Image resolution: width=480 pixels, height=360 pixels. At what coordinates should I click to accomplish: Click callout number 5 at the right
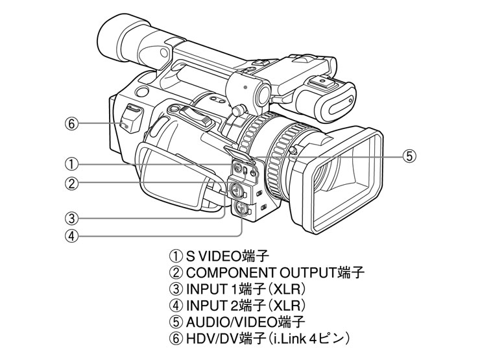coord(408,156)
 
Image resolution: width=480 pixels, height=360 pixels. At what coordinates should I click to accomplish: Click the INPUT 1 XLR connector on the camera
coord(235,191)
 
